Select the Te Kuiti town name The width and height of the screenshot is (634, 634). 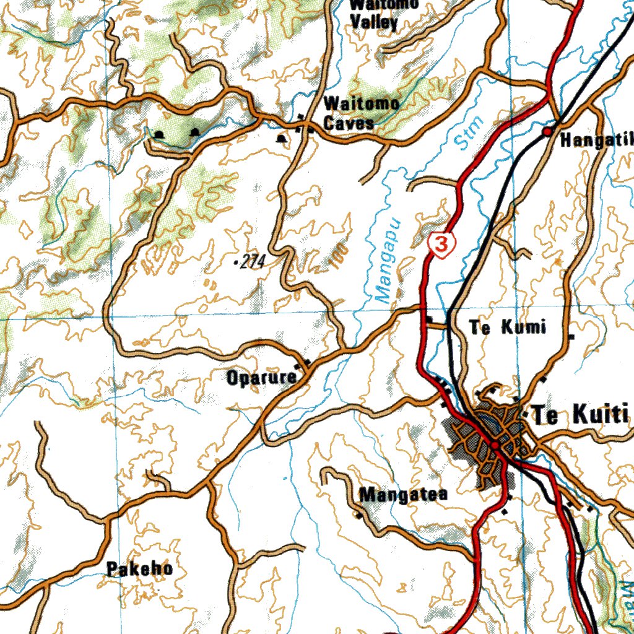(580, 414)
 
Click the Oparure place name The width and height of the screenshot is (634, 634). (261, 377)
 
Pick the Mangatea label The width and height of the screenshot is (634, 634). (403, 495)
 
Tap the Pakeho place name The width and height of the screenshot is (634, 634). (139, 568)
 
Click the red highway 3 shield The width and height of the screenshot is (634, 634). (441, 245)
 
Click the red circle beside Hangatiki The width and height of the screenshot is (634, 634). (547, 132)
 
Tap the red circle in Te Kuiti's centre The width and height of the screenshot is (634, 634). (495, 445)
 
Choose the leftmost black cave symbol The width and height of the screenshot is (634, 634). (160, 134)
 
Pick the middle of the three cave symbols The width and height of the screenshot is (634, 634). (196, 132)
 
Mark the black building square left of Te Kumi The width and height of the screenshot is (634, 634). (429, 319)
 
